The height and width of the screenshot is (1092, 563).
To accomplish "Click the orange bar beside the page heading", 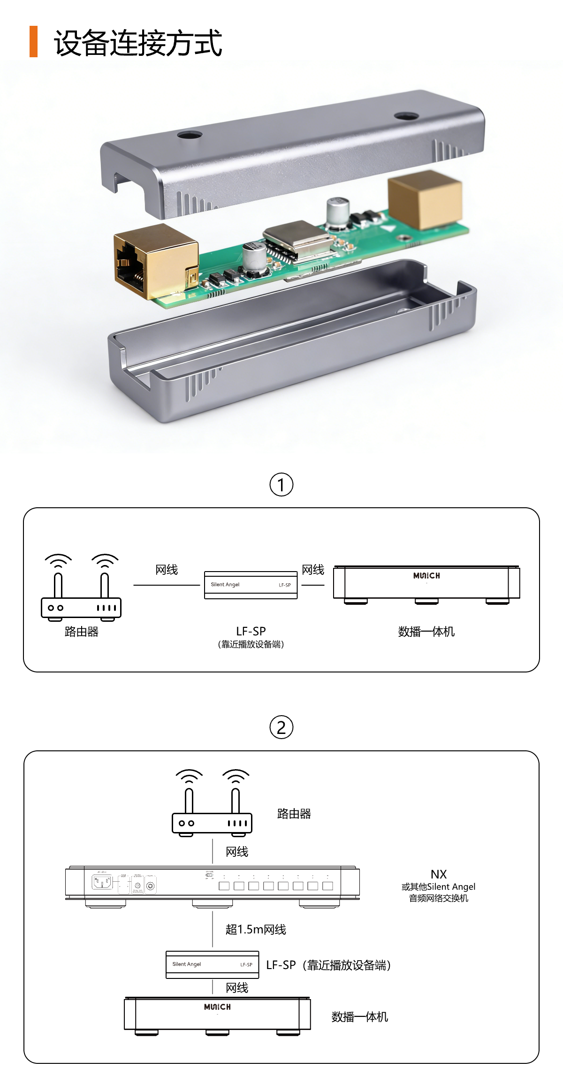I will click(x=33, y=42).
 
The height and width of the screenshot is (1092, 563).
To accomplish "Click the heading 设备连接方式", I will click(x=138, y=43).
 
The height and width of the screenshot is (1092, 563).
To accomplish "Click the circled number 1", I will click(x=281, y=485).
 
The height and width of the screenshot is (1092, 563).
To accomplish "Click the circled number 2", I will click(x=281, y=727).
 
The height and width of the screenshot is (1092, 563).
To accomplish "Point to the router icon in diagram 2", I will click(x=212, y=803).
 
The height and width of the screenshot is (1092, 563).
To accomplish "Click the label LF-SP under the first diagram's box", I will click(x=251, y=631).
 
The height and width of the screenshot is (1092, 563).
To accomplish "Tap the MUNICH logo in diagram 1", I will click(x=426, y=576).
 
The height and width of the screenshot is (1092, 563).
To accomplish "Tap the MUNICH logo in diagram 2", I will click(x=217, y=1007).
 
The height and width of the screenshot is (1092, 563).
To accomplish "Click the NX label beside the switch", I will click(x=439, y=874).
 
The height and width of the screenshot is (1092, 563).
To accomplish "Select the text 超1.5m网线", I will click(x=256, y=930).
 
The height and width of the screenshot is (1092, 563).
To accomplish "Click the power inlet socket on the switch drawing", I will click(x=102, y=883).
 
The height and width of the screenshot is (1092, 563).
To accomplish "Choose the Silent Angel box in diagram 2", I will click(x=212, y=964).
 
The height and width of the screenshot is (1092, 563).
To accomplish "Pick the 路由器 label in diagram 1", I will click(x=82, y=632).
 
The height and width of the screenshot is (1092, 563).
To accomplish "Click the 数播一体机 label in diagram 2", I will click(x=360, y=1017).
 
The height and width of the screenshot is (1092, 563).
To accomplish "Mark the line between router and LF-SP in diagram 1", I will click(x=167, y=585).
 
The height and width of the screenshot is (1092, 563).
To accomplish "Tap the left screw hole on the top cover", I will click(x=190, y=135).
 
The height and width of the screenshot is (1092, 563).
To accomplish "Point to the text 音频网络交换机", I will click(x=439, y=898).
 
